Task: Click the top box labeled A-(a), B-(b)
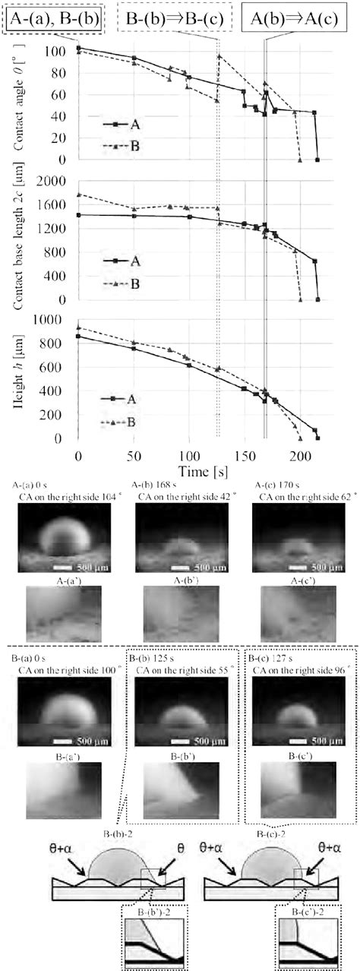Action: pos(54,17)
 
